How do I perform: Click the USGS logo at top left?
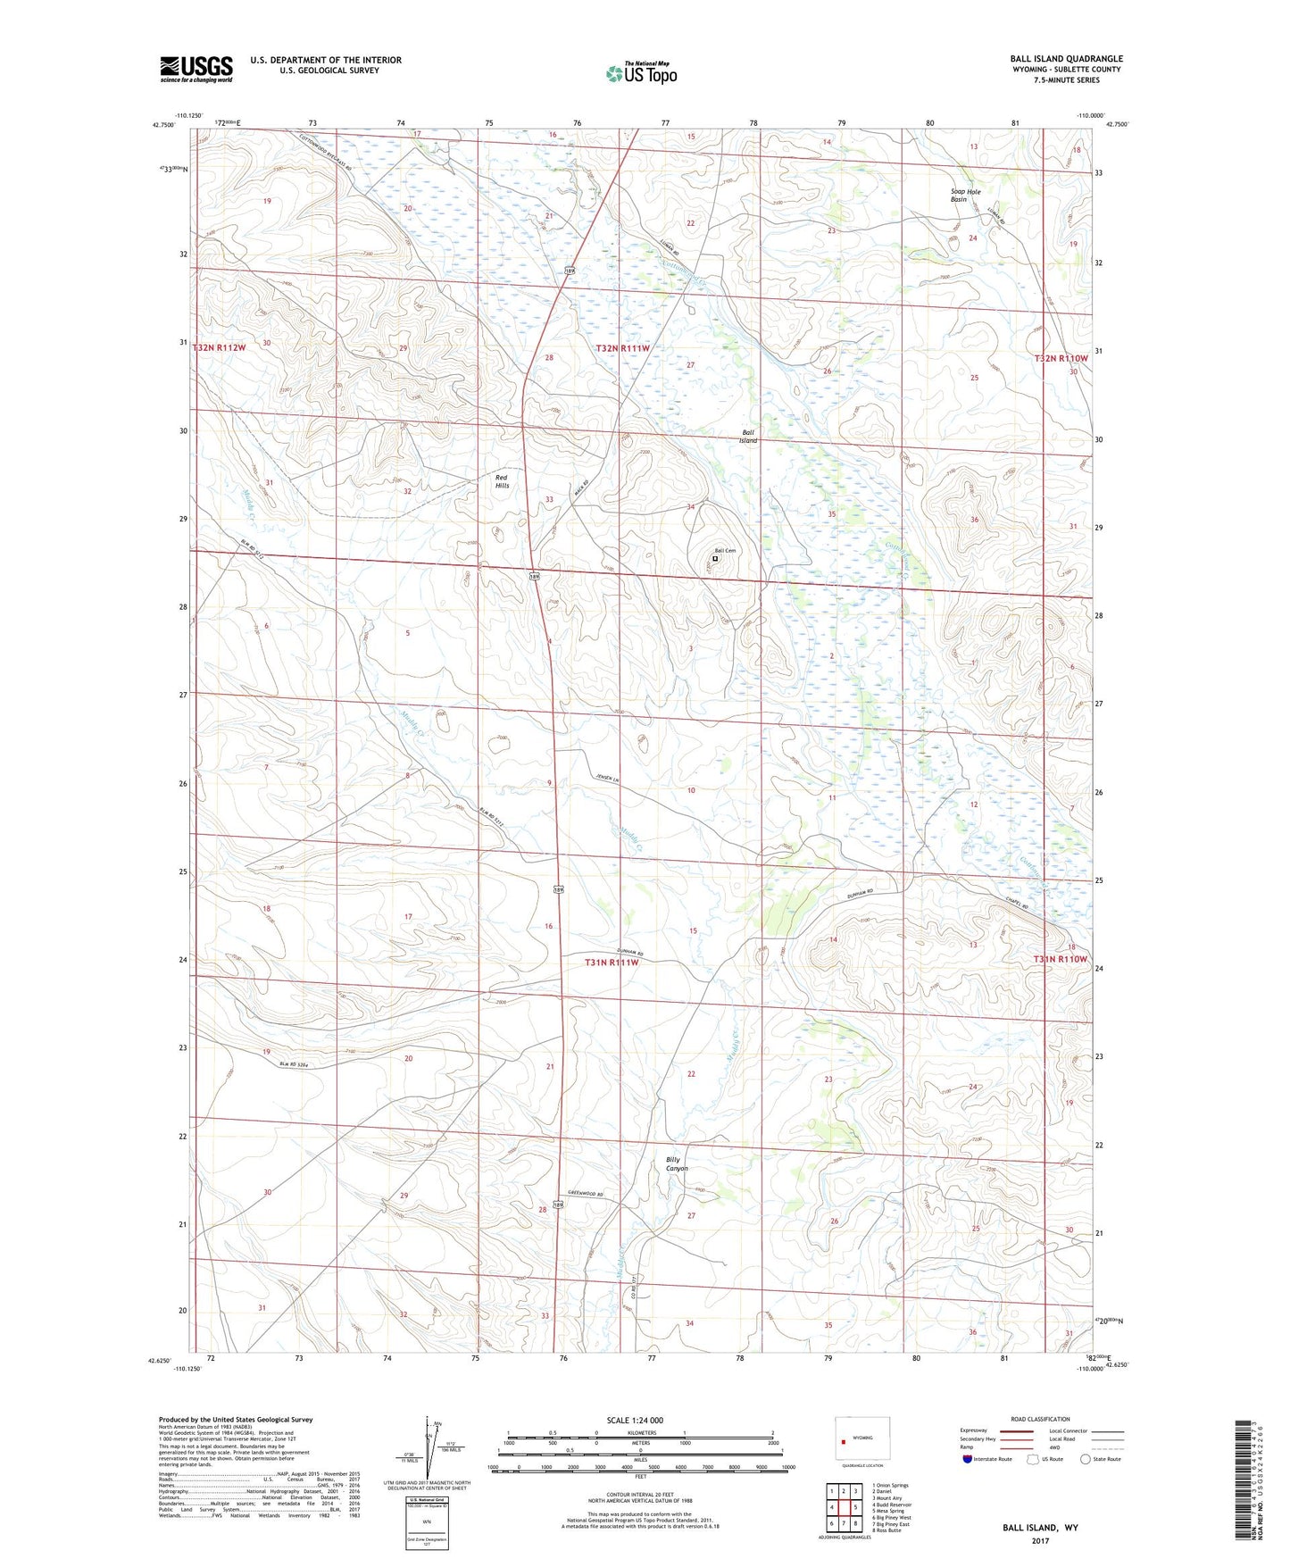[x=196, y=69]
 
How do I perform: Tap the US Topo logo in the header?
[x=641, y=73]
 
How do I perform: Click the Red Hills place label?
[x=502, y=481]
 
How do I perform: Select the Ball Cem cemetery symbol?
[x=714, y=560]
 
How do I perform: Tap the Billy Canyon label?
[x=677, y=1163]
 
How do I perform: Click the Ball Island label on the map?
[x=748, y=437]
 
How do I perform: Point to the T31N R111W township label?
[x=612, y=963]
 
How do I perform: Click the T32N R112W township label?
[x=218, y=347]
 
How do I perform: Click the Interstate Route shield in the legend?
[x=968, y=1459]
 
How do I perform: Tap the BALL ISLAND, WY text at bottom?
[x=1040, y=1528]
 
